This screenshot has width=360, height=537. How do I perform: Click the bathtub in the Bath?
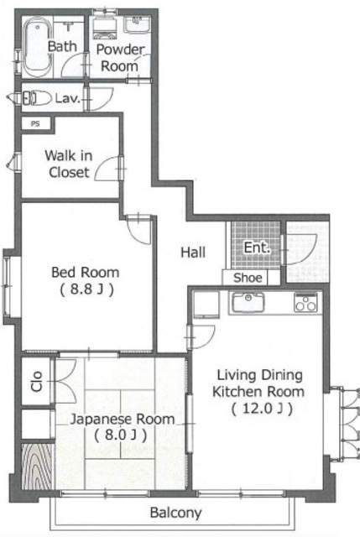point(38,47)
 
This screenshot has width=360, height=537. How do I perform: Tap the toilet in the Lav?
point(37,97)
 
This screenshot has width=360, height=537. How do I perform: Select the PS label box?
point(36,123)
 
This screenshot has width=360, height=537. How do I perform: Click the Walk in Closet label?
point(69,164)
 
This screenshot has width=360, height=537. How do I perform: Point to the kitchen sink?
point(248,302)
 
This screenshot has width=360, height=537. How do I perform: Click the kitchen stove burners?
point(306,302)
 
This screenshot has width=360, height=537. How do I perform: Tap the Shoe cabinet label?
point(248,278)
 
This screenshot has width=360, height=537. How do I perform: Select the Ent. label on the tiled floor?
point(258,248)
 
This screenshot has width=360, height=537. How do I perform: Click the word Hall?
point(193,253)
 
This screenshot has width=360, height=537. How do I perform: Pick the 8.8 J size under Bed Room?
point(86,289)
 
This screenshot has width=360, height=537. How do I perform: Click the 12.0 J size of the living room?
point(262,409)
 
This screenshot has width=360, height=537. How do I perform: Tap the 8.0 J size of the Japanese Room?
point(121,435)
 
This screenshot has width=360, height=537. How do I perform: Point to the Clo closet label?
point(36,381)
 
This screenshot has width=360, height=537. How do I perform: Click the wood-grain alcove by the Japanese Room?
point(37,467)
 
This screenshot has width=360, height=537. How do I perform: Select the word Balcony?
point(175,513)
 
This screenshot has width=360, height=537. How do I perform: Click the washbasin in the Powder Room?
point(137,24)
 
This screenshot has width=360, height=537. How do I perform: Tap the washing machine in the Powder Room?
point(104,27)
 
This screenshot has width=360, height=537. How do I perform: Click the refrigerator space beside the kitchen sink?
point(206,305)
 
